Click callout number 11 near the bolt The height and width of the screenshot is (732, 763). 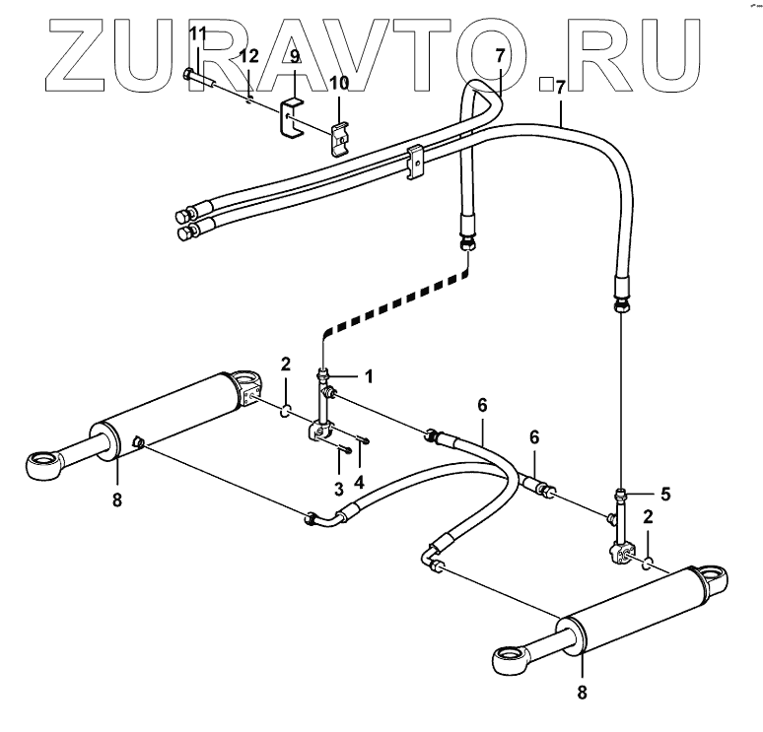coord(197,33)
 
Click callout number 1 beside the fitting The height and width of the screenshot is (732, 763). coord(369,375)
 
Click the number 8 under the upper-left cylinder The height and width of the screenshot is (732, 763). coord(117,499)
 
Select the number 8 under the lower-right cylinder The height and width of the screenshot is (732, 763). coord(582,693)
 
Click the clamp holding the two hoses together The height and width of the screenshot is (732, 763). coord(415,161)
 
